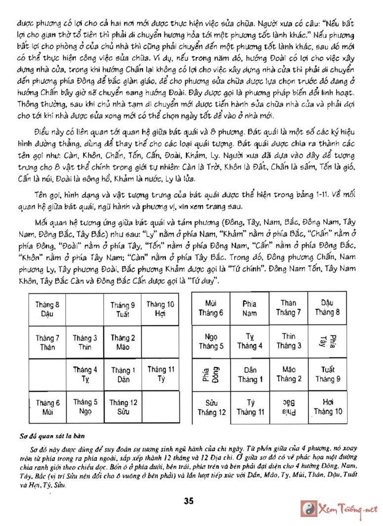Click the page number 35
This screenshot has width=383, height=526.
click(189, 501)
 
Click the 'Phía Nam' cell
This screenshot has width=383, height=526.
click(249, 308)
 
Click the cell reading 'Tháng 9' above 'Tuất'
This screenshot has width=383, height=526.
click(122, 310)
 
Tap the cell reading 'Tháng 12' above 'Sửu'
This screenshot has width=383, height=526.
click(122, 407)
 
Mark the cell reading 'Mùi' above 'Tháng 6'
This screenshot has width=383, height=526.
click(211, 308)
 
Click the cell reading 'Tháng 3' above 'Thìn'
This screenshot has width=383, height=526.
click(85, 342)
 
